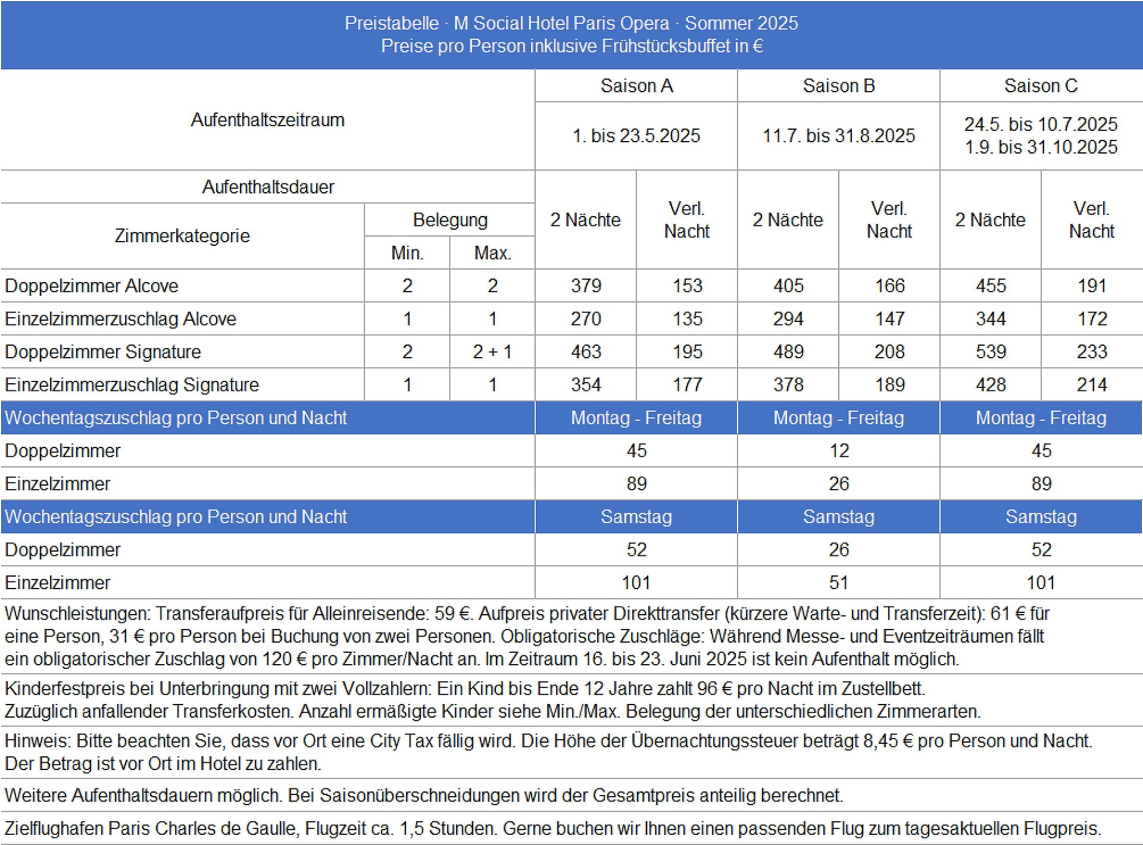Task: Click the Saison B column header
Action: (x=838, y=86)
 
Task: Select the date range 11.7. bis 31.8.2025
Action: (x=838, y=136)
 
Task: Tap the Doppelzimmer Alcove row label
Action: (x=92, y=286)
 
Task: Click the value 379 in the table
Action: (x=586, y=286)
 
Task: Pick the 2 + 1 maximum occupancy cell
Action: (x=492, y=352)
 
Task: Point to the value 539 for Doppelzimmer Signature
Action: (x=991, y=352)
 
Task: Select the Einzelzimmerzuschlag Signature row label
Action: (x=132, y=384)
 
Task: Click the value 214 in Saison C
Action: (x=1091, y=384)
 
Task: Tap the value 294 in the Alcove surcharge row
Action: (x=788, y=319)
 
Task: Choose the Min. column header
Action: (x=407, y=253)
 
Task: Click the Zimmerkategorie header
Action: (x=182, y=236)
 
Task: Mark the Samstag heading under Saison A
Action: (x=636, y=517)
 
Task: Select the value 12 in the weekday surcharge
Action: (x=838, y=450)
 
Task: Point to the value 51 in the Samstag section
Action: (x=838, y=582)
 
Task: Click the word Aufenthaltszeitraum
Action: (x=267, y=120)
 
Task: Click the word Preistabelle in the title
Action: (x=391, y=23)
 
